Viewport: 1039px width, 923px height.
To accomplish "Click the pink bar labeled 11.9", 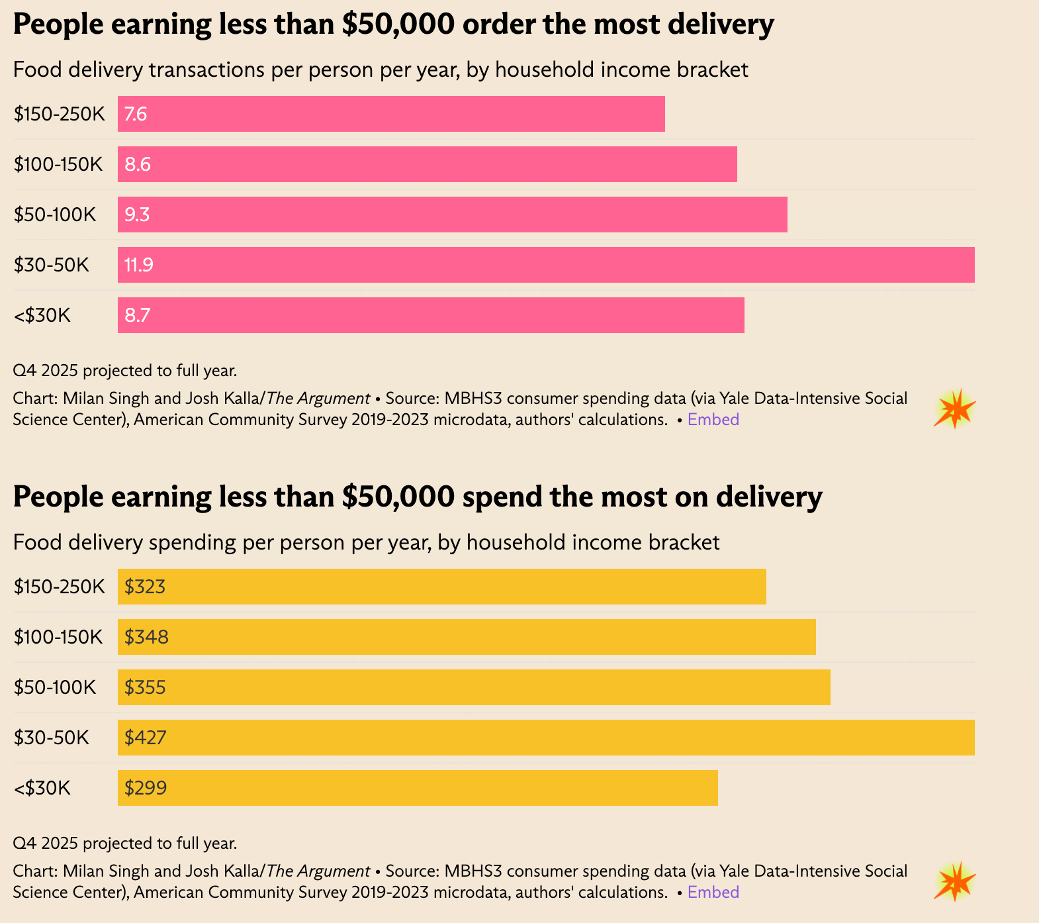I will click(x=546, y=265).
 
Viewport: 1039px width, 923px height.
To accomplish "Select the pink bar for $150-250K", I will click(x=391, y=114).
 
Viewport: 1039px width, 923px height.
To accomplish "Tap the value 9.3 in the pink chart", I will click(x=137, y=215).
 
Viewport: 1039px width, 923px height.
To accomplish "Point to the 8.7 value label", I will click(x=138, y=315).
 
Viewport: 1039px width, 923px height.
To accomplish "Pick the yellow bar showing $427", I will click(x=546, y=738).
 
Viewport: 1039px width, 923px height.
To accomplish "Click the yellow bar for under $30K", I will click(x=418, y=788).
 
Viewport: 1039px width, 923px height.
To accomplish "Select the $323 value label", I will click(x=145, y=587).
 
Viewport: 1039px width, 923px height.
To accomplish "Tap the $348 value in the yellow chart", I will click(x=146, y=637).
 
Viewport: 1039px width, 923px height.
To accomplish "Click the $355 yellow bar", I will click(x=474, y=687).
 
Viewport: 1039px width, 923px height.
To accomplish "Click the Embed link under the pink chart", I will click(x=713, y=419).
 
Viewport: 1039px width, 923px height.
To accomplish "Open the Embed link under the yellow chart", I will click(x=713, y=892).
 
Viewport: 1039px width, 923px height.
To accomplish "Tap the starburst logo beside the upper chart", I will click(x=954, y=409).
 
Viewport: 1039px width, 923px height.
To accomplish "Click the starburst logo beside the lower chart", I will click(x=954, y=881).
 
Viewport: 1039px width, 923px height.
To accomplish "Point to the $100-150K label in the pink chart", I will click(x=58, y=164).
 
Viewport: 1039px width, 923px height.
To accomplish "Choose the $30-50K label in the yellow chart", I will click(x=51, y=738).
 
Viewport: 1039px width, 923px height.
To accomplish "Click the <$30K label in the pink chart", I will click(x=42, y=315).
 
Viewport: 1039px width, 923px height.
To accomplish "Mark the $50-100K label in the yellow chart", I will click(x=55, y=687).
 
